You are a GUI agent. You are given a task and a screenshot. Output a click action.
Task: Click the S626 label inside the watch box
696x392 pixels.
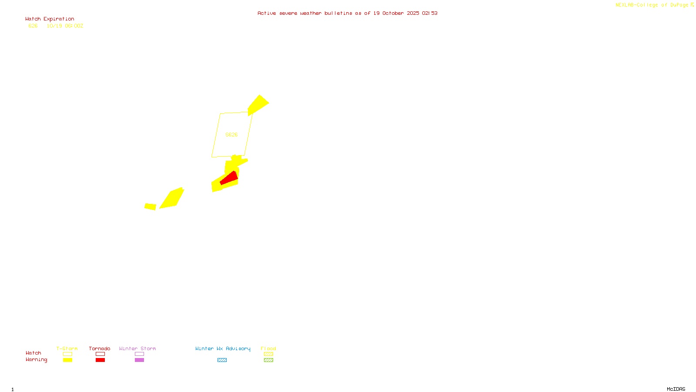231,135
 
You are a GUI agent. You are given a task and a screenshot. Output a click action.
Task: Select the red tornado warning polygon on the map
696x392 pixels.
229,178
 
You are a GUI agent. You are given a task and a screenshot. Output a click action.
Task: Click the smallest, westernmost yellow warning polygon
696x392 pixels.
150,206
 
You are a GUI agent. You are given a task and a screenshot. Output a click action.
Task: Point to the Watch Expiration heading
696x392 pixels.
50,19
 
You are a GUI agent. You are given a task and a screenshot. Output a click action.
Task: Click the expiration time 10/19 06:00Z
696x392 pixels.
65,26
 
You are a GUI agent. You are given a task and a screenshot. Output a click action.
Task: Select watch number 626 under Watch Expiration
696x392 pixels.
33,26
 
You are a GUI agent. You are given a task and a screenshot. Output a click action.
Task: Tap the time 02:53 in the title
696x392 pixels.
430,14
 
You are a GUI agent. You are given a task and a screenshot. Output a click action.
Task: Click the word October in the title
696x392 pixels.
393,14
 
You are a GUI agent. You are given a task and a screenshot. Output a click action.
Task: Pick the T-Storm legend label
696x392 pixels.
67,348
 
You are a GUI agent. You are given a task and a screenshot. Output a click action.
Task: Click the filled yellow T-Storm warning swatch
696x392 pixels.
67,360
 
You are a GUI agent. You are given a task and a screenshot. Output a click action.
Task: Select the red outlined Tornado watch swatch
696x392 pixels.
100,354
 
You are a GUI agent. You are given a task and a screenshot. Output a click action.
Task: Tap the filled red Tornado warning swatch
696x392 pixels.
100,360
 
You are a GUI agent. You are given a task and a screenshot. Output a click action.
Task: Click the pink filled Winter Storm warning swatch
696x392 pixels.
139,360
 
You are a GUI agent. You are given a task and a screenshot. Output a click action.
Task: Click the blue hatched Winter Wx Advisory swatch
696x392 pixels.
222,360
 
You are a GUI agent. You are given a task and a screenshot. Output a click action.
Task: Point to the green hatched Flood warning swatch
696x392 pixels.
268,360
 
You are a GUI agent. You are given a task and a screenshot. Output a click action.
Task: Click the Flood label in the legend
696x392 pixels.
268,348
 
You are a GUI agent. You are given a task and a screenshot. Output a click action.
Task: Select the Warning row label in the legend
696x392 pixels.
36,360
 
